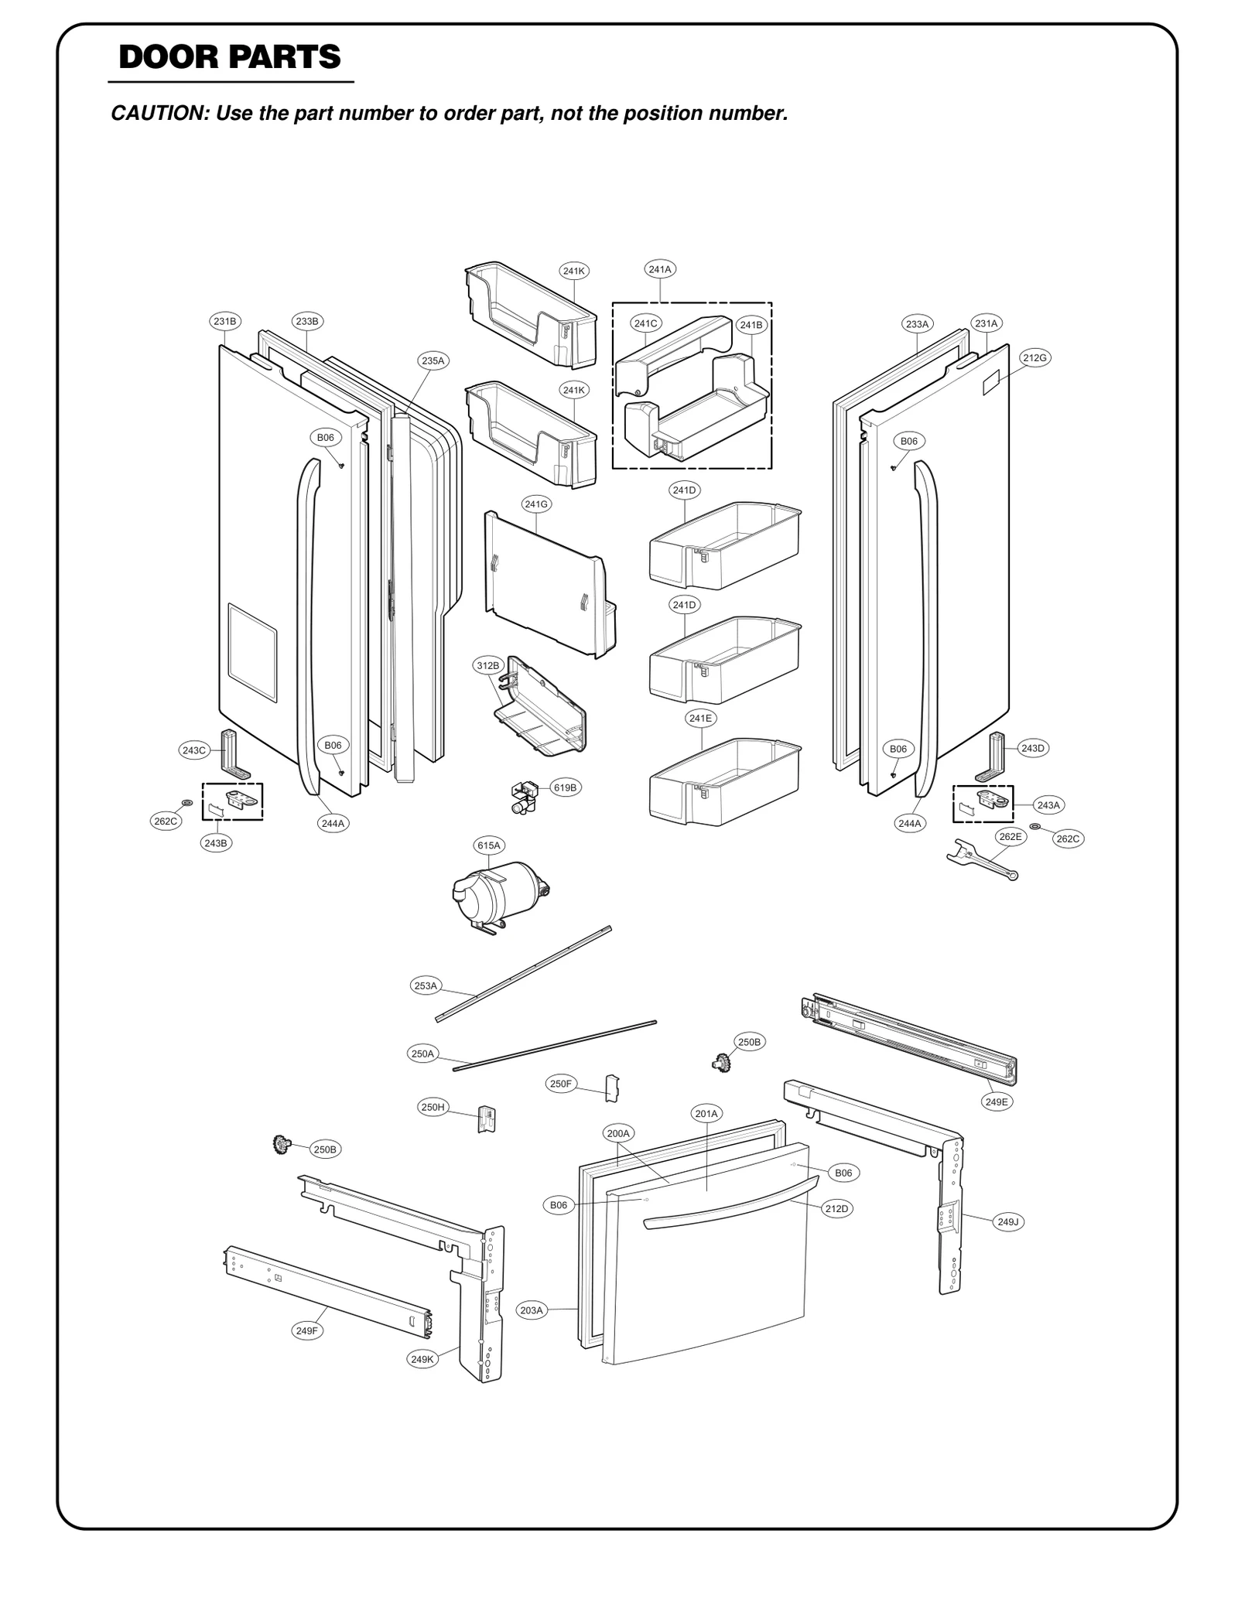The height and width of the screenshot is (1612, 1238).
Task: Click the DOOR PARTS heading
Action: [x=230, y=57]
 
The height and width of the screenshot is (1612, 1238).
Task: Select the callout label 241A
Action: [x=660, y=269]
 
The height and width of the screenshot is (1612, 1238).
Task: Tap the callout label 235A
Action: [x=433, y=360]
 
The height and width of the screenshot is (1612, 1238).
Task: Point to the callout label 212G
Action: [x=1035, y=357]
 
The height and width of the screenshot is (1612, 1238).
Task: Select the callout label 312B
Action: [x=487, y=665]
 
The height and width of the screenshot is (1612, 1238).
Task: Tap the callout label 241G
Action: [x=536, y=504]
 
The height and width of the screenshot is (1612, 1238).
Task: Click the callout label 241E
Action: [x=700, y=718]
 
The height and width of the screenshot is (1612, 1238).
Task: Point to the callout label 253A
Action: [x=426, y=985]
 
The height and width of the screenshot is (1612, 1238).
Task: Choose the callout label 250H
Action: [x=433, y=1107]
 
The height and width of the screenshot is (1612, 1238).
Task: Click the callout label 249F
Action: [x=306, y=1330]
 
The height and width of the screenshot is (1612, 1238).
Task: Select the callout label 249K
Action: [x=422, y=1359]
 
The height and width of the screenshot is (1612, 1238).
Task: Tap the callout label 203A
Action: [x=532, y=1310]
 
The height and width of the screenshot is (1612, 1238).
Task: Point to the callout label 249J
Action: [x=1007, y=1221]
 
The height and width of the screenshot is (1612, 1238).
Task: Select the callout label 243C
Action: [x=193, y=750]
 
